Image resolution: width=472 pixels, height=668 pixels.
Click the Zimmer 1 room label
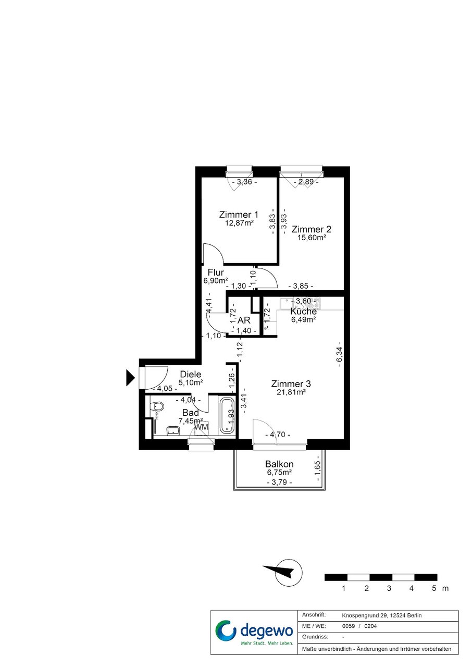(239, 214)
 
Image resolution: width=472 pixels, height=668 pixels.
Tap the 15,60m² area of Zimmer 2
(312, 238)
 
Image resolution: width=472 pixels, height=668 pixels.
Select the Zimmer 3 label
(291, 384)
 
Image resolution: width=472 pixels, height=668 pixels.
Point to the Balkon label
(279, 464)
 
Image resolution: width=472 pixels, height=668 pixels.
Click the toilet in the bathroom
(157, 406)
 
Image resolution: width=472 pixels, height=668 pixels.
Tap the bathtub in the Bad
(227, 416)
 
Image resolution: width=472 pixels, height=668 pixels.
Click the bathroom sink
(173, 430)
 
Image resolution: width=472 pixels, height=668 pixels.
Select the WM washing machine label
(201, 427)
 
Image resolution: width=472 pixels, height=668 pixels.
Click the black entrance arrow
(130, 378)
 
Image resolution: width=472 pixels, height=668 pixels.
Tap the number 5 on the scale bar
(434, 588)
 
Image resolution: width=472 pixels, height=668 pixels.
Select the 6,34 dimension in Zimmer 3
(339, 354)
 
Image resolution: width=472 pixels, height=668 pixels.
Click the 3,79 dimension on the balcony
(279, 482)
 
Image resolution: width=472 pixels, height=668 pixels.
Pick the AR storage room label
(244, 320)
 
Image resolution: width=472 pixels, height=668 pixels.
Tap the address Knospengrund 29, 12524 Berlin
(382, 615)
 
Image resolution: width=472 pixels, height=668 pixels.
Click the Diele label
(191, 374)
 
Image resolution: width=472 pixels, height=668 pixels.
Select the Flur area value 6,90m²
(216, 280)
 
